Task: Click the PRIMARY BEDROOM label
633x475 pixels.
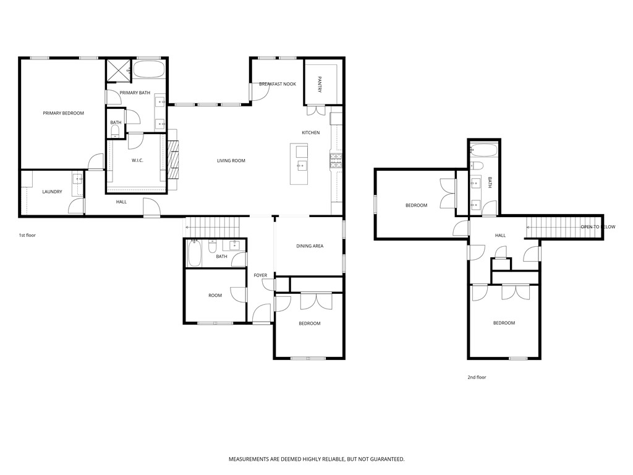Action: point(63,113)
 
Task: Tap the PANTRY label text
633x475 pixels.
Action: point(320,84)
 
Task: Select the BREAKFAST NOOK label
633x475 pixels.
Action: point(277,83)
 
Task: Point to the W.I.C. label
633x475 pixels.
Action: point(137,161)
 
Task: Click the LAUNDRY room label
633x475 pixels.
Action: point(52,192)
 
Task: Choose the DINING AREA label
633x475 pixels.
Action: point(310,246)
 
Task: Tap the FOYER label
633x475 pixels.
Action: point(260,275)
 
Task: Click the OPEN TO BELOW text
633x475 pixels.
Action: point(598,227)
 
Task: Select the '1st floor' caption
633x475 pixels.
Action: point(28,236)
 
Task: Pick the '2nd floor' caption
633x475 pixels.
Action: point(477,377)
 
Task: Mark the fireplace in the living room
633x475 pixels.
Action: point(174,161)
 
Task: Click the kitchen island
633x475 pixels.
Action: point(299,163)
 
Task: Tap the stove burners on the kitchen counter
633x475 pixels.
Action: point(337,161)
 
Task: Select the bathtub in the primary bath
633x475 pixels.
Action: point(149,69)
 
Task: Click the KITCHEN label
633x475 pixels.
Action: point(310,133)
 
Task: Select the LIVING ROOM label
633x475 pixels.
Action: point(231,161)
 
